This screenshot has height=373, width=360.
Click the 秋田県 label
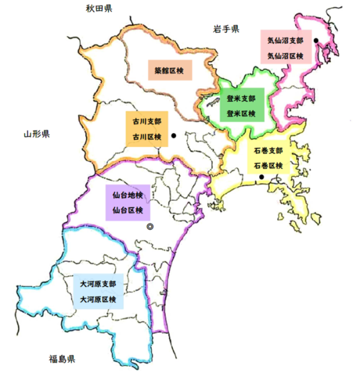pyautogui.click(x=101, y=8)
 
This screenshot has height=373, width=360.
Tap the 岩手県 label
pyautogui.click(x=226, y=28)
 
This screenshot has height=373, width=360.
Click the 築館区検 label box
pyautogui.click(x=170, y=70)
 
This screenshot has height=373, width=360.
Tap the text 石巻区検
pyautogui.click(x=268, y=165)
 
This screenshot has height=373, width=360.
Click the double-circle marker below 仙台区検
pyautogui.click(x=149, y=227)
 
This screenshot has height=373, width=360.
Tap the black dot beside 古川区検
pyautogui.click(x=173, y=136)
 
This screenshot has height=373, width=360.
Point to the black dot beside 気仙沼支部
pyautogui.click(x=316, y=41)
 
